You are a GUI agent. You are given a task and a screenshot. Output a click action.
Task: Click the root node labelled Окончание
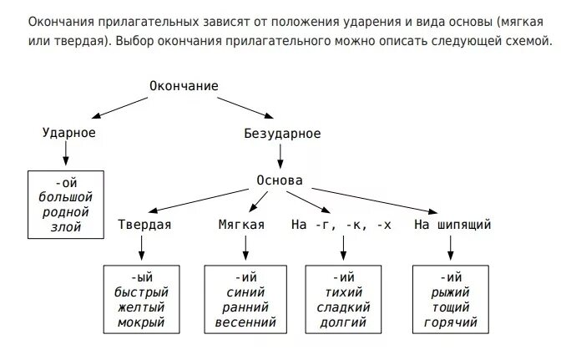184,86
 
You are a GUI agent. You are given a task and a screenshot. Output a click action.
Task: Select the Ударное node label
68,134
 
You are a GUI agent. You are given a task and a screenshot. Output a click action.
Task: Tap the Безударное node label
281,134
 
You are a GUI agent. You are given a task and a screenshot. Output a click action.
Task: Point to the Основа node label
279,180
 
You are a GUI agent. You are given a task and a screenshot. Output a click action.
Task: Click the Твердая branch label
144,225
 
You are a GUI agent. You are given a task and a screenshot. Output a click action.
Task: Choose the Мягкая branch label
241,225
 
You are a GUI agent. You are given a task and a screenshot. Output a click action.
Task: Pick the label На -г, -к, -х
341,225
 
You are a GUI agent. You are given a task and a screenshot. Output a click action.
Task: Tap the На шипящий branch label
452,225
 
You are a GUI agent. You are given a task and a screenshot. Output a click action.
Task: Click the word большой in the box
65,197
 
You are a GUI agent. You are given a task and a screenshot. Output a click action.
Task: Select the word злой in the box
67,226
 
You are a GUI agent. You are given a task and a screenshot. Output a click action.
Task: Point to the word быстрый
141,292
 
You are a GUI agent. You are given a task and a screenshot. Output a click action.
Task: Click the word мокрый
141,322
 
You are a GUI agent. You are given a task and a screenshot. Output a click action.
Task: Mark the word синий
245,292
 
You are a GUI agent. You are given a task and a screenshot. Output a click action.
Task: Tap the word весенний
245,322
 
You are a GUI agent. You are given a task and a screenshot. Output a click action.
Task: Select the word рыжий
452,292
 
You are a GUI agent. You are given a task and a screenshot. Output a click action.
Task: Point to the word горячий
452,322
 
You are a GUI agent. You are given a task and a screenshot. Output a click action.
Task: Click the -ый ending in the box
141,277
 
